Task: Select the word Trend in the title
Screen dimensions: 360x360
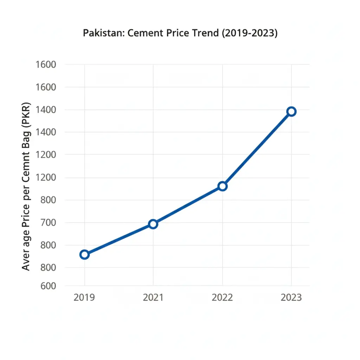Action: pyautogui.click(x=202, y=33)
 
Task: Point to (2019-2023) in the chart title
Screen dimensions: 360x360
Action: pyautogui.click(x=248, y=33)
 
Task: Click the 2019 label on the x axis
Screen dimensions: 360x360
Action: pyautogui.click(x=84, y=297)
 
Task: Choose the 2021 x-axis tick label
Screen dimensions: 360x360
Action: pyautogui.click(x=153, y=297)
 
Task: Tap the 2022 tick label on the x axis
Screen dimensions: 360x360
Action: pyautogui.click(x=222, y=297)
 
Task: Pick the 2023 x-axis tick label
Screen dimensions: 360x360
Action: pyautogui.click(x=291, y=297)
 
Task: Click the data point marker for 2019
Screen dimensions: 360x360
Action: pyautogui.click(x=84, y=255)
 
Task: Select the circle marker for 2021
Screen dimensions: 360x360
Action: pyautogui.click(x=153, y=224)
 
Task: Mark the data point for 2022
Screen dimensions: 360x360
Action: pyautogui.click(x=222, y=186)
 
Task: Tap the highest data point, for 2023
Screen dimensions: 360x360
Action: pyautogui.click(x=291, y=112)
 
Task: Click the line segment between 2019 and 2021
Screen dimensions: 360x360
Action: pyautogui.click(x=118, y=239)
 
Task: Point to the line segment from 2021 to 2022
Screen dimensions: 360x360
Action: pyautogui.click(x=187, y=205)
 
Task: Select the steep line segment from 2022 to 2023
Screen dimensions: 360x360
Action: pyautogui.click(x=257, y=149)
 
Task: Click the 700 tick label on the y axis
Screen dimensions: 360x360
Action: pyautogui.click(x=46, y=223)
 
